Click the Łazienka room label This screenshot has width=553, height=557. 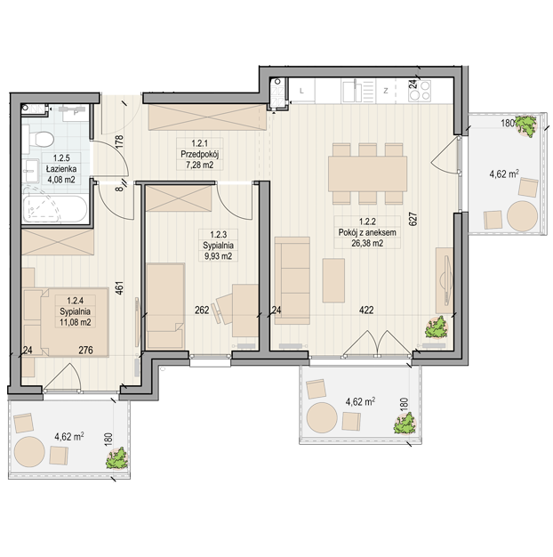(61, 169)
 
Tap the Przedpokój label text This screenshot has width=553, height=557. (200, 155)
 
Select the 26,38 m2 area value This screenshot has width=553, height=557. (367, 243)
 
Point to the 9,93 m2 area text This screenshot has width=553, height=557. (218, 256)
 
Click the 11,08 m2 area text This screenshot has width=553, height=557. (75, 322)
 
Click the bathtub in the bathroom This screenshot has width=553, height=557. (54, 209)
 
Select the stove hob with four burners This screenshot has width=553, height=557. (420, 91)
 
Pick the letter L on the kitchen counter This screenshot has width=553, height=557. (301, 91)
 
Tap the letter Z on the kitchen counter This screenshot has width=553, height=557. (386, 91)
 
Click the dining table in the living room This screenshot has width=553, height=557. (367, 174)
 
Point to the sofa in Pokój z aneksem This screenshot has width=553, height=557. (293, 280)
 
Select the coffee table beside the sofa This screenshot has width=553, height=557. (333, 280)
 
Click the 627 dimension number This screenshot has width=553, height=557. (413, 219)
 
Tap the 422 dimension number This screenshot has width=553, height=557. (366, 311)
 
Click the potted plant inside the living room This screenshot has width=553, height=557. (437, 327)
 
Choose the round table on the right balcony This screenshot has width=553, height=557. (523, 216)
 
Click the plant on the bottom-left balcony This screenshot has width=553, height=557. (116, 458)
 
